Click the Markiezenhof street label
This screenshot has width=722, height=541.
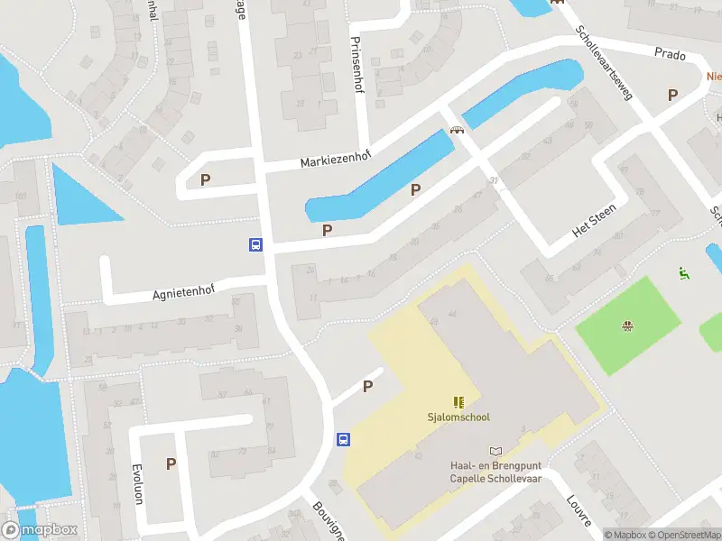click(336, 160)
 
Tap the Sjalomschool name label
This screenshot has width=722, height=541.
click(458, 417)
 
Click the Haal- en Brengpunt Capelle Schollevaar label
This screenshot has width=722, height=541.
click(495, 472)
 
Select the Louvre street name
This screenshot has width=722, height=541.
click(579, 511)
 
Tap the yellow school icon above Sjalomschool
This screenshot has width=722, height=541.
click(458, 402)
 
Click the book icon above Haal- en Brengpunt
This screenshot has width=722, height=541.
click(495, 451)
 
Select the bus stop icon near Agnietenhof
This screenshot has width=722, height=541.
click(255, 244)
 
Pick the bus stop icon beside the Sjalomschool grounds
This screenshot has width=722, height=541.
click(343, 439)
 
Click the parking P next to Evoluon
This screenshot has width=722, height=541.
click(171, 464)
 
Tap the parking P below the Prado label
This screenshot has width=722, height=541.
click(671, 95)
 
